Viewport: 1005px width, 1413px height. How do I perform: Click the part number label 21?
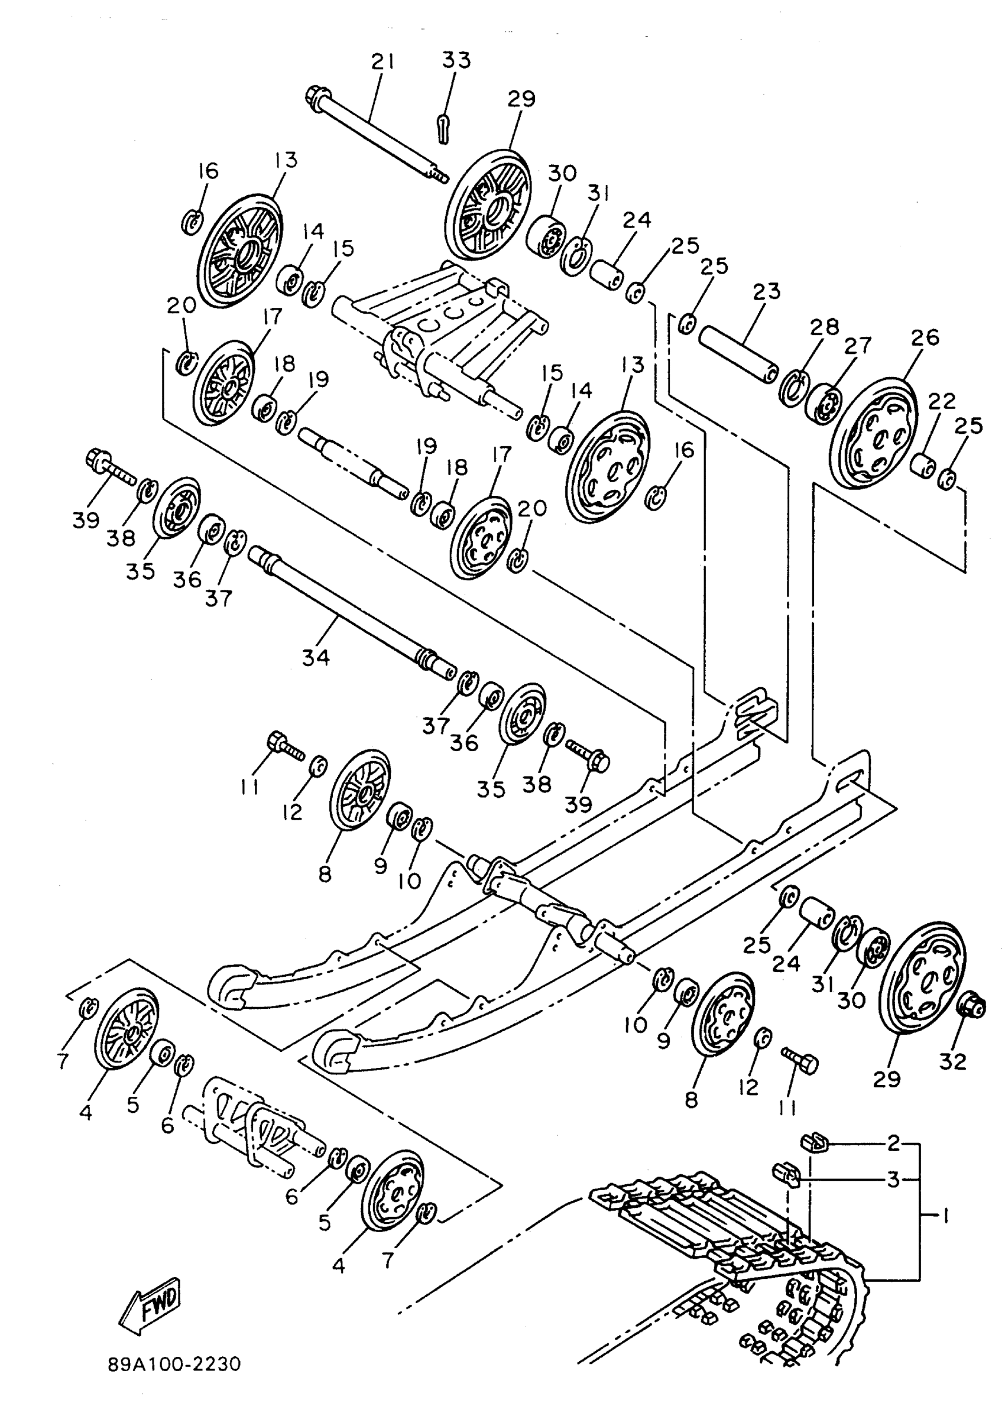click(x=382, y=62)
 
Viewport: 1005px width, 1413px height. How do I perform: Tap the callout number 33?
click(x=456, y=60)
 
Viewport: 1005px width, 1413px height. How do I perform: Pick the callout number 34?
click(x=316, y=657)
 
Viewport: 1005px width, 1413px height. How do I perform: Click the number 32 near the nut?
click(x=952, y=1061)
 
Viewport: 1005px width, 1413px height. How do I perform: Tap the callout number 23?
click(x=767, y=291)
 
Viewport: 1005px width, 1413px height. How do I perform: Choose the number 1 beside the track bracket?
click(x=945, y=1217)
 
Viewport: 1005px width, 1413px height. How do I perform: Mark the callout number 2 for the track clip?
click(x=893, y=1144)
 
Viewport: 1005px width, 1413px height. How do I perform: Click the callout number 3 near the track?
click(x=893, y=1180)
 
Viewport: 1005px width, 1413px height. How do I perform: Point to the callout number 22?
click(x=941, y=401)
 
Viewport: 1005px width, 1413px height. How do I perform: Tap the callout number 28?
click(x=824, y=327)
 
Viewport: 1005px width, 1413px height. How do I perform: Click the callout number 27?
click(x=858, y=345)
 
